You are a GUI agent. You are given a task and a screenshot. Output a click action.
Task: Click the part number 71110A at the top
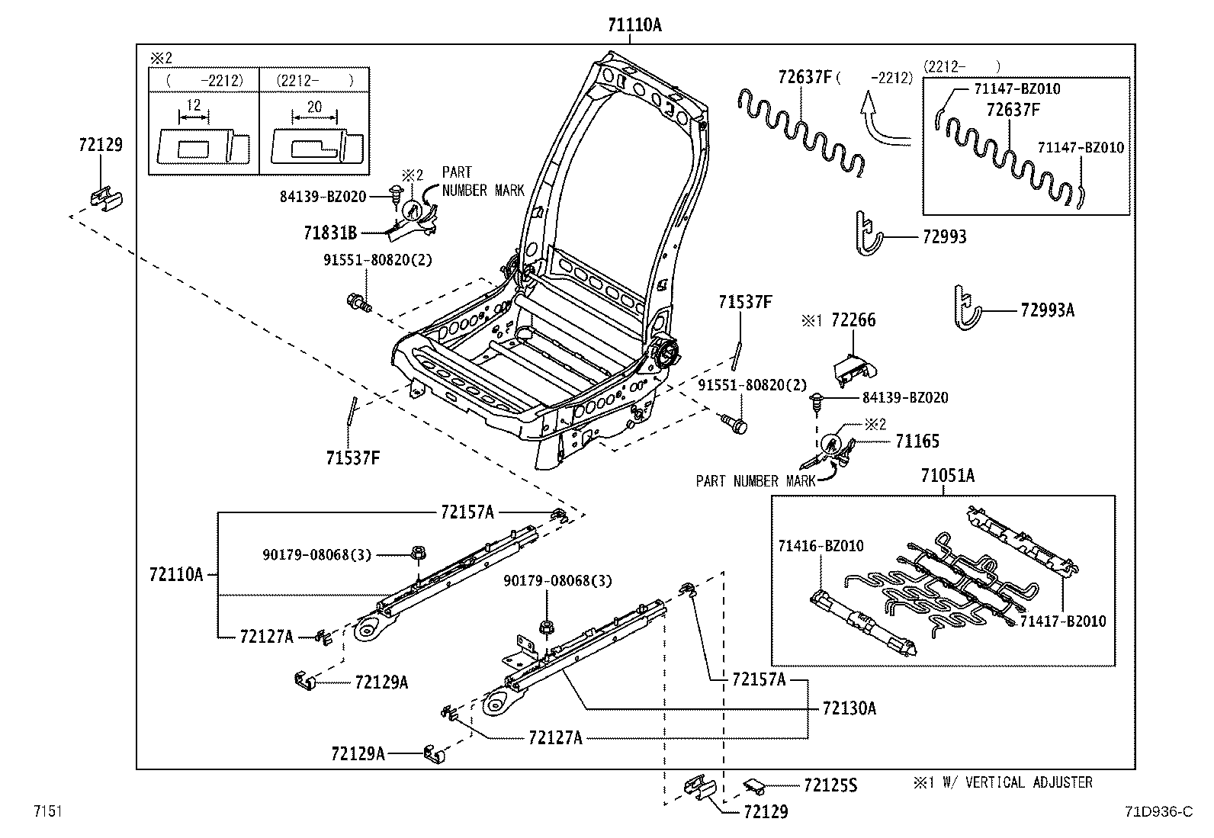pos(634,25)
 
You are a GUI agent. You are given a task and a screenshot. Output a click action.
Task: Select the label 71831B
pos(330,233)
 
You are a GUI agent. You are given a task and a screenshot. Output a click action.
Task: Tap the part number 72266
pos(853,319)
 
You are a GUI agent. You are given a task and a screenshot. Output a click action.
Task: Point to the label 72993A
pos(1047,310)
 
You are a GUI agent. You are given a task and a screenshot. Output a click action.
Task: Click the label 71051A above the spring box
pos(947,475)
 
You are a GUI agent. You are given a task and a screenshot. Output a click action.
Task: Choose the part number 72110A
pos(176,574)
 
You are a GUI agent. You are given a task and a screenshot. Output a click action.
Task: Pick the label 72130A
pos(849,708)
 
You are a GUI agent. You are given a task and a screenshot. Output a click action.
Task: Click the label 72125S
pos(830,785)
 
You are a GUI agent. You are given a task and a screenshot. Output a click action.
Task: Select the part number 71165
pos(917,441)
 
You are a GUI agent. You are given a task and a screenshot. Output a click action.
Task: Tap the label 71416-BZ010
pos(821,546)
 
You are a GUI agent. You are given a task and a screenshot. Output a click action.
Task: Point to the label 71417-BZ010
pos(1063,621)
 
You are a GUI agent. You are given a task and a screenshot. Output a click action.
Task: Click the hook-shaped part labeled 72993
pos(868,233)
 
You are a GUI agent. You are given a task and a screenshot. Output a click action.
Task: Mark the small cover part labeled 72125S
pos(754,786)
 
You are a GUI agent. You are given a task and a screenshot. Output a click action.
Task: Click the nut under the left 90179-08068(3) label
pos(418,553)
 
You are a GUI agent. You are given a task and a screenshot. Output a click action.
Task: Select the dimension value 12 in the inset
pos(193,104)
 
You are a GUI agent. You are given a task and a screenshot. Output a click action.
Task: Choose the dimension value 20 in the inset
pos(314,107)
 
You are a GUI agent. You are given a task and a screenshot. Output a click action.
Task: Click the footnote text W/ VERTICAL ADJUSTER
pos(1017,782)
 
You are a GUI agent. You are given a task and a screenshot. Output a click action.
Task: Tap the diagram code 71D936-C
pos(1159,811)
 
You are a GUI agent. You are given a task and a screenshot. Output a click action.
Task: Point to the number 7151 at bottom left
pos(48,811)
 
